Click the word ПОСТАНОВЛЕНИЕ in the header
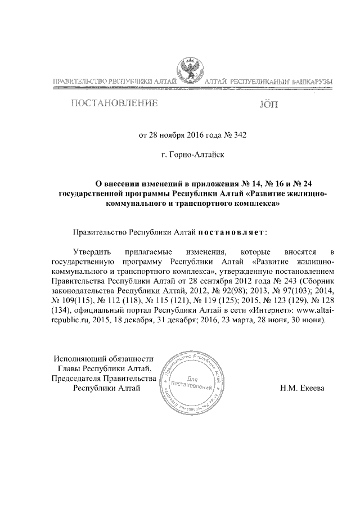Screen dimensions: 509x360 [x=112, y=104]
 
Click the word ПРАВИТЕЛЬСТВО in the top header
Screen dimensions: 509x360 [x=79, y=83]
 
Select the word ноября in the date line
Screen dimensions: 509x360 [x=172, y=135]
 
